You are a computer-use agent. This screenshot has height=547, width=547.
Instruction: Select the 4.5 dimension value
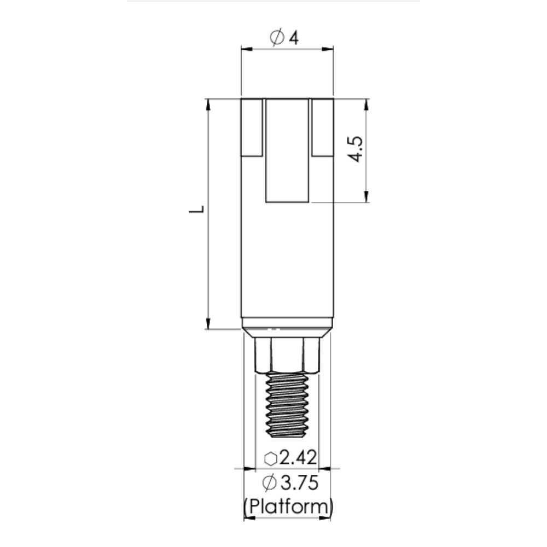coord(356,149)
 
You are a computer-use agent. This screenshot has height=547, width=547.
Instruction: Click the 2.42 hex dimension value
coord(298,457)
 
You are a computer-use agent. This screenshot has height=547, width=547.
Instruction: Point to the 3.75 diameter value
coord(298,484)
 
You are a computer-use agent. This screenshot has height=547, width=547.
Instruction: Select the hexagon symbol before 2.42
coord(271,458)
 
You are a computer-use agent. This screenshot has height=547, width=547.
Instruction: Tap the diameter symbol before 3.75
coord(269,484)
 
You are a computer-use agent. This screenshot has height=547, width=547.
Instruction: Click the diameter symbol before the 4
coord(277,38)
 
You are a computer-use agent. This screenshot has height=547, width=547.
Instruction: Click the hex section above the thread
coord(287,354)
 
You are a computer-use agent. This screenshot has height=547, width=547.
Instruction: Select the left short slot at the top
coord(252,127)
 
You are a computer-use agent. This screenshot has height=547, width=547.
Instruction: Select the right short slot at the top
coord(322,127)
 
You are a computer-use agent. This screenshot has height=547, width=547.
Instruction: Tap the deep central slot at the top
coord(287,150)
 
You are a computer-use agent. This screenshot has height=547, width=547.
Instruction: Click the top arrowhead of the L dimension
coord(208,104)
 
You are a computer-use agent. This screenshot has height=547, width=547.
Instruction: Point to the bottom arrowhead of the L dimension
coord(208,324)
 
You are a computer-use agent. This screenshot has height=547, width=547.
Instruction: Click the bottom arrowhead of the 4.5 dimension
coord(366,197)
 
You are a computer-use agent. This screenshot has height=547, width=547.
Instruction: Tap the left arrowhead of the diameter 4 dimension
coord(246,49)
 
